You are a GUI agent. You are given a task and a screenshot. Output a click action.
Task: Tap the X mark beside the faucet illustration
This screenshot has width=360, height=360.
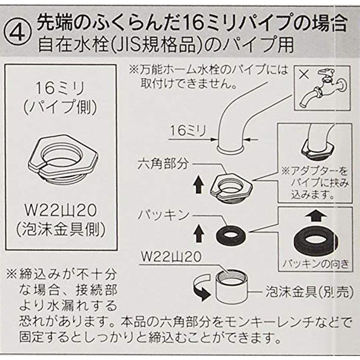[304, 74]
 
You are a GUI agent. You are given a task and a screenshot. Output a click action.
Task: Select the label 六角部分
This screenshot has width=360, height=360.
[163, 164]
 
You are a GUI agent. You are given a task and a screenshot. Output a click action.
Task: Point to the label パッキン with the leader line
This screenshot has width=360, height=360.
[163, 215]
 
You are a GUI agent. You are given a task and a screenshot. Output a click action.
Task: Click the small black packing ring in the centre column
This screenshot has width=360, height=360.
[231, 235]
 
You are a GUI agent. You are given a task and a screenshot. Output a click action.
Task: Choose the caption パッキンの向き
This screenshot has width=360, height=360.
[316, 264]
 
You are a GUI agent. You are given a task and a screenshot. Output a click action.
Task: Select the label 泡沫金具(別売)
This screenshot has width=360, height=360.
[309, 292]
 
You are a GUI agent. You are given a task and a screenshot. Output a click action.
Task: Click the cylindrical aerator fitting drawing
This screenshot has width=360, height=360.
[232, 286]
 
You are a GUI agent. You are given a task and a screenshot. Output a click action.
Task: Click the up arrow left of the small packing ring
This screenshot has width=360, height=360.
[199, 233]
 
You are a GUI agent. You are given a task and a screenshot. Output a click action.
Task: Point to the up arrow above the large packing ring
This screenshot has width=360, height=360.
[316, 216]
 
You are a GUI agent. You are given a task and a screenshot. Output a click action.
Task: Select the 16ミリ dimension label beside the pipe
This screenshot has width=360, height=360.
[188, 131]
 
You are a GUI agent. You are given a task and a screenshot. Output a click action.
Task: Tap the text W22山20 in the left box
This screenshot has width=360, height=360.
[61, 211]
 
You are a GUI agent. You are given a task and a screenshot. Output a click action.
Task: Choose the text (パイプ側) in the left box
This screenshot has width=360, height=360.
[61, 107]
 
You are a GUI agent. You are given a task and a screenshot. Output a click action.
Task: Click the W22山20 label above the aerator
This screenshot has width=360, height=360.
[171, 256]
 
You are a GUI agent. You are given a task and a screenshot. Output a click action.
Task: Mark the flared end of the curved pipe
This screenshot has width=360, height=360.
[231, 149]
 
